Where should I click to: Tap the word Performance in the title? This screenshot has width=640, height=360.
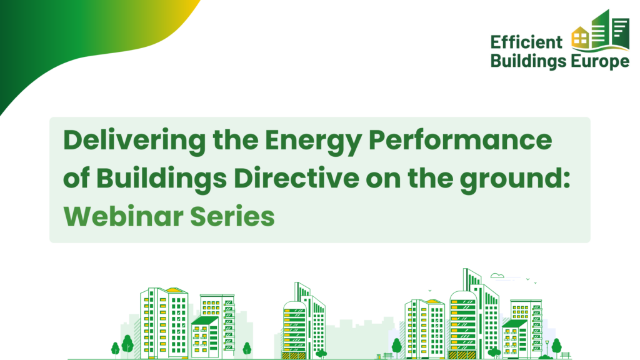tap(460, 139)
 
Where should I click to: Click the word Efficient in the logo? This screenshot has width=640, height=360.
tap(526, 42)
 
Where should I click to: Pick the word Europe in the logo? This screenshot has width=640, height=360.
tap(599, 62)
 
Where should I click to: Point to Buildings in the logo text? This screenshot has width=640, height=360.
tap(528, 61)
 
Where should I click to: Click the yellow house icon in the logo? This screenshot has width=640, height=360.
tap(580, 37)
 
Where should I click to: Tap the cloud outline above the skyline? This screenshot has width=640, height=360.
tap(497, 276)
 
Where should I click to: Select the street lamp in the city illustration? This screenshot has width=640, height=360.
tap(547, 348)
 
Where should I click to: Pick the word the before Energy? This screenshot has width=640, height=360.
tap(236, 139)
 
